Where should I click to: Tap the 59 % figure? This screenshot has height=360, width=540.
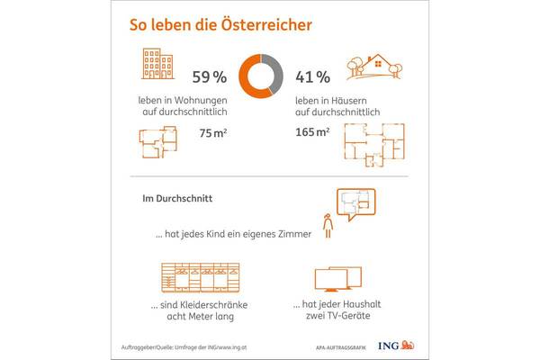(211, 74)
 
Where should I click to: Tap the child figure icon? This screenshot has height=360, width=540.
(329, 226)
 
